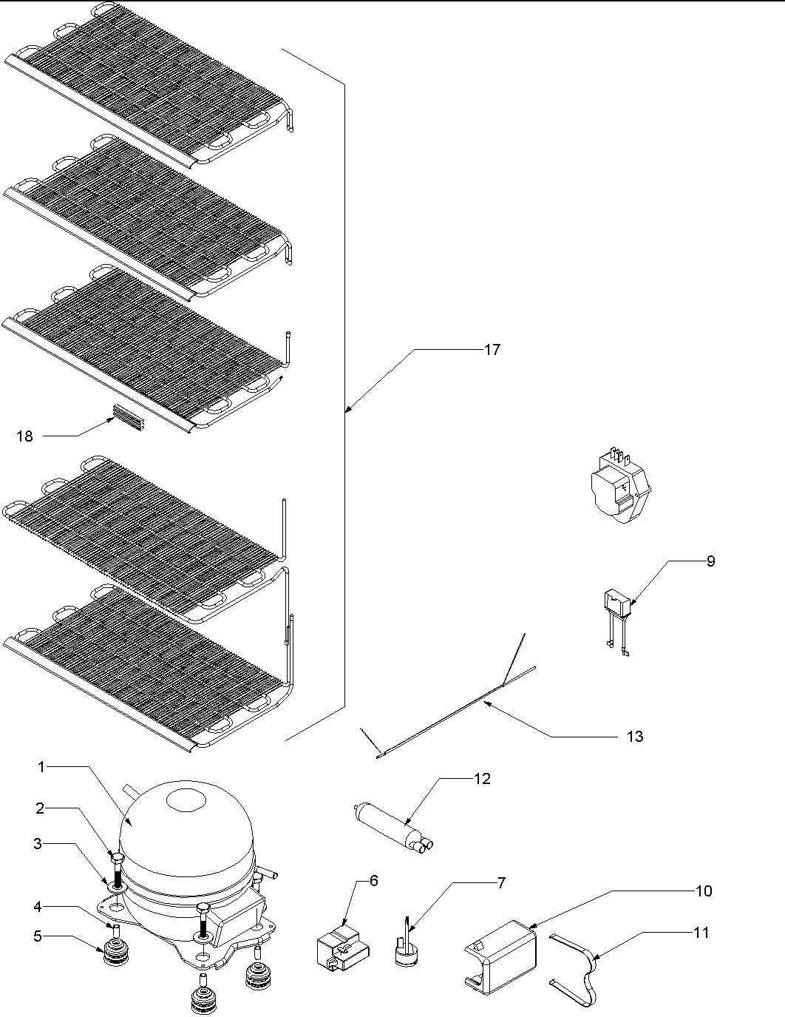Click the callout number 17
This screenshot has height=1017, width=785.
492,350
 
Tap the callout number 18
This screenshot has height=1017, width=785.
24,436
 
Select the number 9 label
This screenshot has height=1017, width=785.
710,561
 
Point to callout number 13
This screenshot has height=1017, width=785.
634,736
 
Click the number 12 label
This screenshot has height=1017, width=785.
482,779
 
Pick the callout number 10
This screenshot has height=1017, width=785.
704,891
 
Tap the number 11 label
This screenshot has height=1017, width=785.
701,933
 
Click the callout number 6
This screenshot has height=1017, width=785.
373,881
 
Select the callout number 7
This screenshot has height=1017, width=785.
501,882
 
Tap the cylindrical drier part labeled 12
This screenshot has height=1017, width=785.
388,825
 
